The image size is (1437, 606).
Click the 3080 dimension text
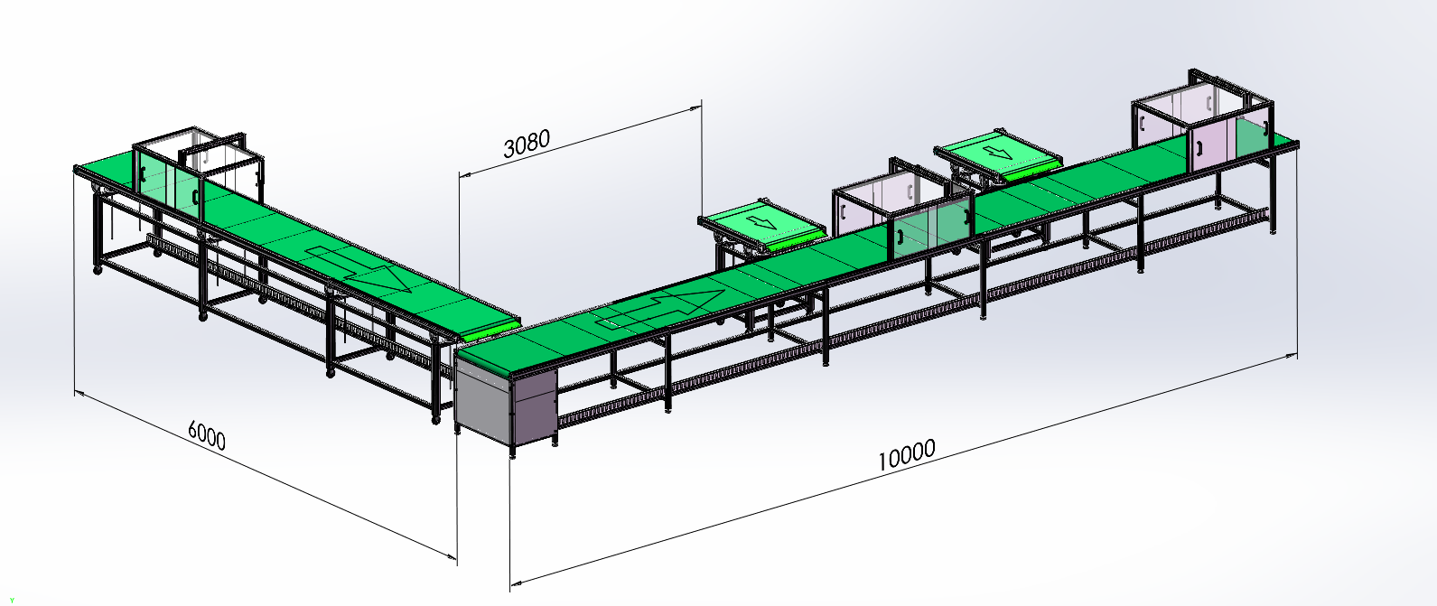coord(526,144)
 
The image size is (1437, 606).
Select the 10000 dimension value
coord(906,456)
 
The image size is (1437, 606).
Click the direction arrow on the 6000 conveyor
coord(360,267)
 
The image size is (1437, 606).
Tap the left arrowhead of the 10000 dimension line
coord(516,583)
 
